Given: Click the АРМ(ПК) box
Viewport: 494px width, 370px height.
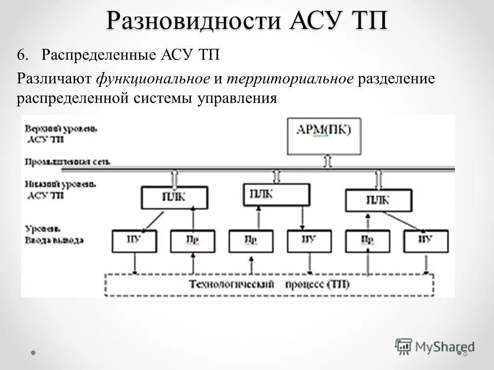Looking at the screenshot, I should tap(324, 136).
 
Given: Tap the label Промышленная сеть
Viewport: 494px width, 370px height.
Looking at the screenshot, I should tap(67, 161).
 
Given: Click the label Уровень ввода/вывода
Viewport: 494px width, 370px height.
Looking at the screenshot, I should tap(55, 234).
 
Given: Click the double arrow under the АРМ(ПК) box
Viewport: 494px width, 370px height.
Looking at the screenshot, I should tap(327, 161).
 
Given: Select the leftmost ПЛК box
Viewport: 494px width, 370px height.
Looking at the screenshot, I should tap(174, 197).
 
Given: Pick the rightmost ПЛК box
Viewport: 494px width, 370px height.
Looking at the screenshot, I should tap(378, 200).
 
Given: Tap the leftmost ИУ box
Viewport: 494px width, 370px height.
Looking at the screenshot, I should tap(134, 241).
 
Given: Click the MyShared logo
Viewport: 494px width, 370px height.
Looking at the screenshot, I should tap(435, 346).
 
